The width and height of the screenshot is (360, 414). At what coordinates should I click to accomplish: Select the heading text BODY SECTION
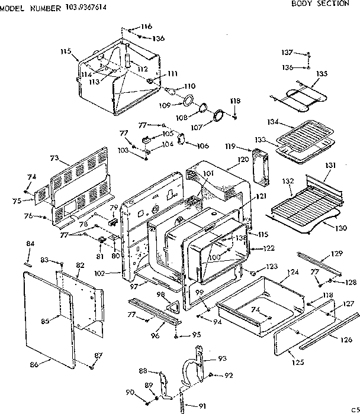click(x=320, y=4)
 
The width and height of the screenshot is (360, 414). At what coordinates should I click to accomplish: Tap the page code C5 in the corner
click(x=353, y=409)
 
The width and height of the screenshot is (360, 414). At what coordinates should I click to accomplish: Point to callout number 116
click(x=146, y=27)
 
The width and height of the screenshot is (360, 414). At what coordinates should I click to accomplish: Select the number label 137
click(x=287, y=52)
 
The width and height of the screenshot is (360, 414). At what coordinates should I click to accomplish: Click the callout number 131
click(x=330, y=165)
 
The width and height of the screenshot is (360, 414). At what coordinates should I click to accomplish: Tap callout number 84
click(x=31, y=244)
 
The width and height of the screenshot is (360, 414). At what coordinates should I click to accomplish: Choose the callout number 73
click(x=54, y=158)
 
